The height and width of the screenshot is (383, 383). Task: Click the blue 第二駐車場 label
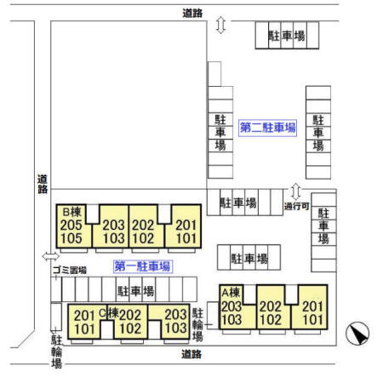pos(267,128)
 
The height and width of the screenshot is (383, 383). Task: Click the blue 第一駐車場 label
pos(142,266)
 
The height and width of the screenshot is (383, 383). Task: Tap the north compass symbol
pos(357,333)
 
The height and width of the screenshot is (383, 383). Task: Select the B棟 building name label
pos(71,212)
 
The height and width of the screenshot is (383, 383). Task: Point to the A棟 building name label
pos(231,292)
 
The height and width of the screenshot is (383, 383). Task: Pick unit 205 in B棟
pos(71,225)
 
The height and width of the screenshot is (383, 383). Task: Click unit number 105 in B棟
pos(71,238)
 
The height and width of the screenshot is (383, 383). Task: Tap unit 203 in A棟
pos(232,306)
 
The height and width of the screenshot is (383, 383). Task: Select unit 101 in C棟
pos(84,329)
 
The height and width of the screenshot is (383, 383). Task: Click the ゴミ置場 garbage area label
pos(70,270)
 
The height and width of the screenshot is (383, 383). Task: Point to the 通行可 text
pos(296,206)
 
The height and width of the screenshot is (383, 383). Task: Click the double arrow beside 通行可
pos(296,191)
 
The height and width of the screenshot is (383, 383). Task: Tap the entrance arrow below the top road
pos(220,25)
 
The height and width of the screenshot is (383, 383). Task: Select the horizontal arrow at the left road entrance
pos(51,256)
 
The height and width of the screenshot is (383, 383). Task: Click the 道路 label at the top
pos(192,13)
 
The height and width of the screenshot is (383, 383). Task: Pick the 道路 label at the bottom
pos(191,354)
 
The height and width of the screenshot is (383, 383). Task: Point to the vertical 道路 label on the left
pos(43,184)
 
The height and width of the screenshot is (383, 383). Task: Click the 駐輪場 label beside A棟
pos(197,324)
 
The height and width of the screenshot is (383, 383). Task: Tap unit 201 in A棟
pos(312,306)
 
